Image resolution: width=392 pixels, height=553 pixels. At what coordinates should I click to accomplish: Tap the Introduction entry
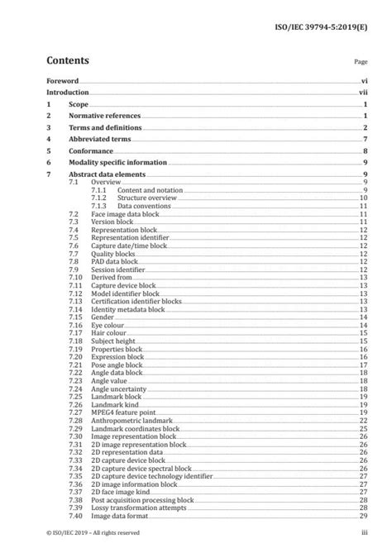tap(69, 93)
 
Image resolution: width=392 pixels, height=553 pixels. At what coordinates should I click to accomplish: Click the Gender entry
tap(102, 317)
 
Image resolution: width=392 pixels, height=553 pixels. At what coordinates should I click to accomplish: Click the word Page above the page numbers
tap(360, 62)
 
